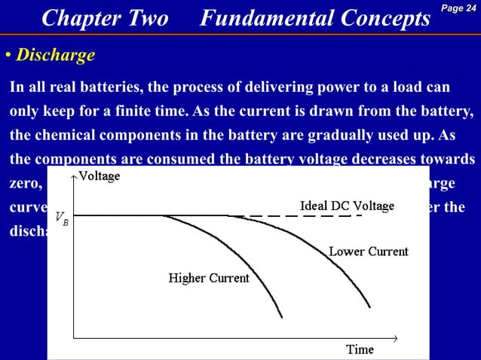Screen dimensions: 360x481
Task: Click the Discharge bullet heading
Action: point(56,55)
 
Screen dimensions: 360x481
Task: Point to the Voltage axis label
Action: point(100,177)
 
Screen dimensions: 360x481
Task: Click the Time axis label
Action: point(360,349)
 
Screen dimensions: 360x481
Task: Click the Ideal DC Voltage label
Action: point(347,206)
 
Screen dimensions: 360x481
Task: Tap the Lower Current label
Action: point(369,252)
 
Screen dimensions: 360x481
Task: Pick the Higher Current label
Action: point(208,279)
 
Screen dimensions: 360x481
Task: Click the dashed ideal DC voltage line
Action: point(302,216)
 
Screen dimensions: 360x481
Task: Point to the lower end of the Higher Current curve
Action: point(282,316)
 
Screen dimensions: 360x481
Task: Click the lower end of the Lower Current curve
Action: point(369,307)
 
